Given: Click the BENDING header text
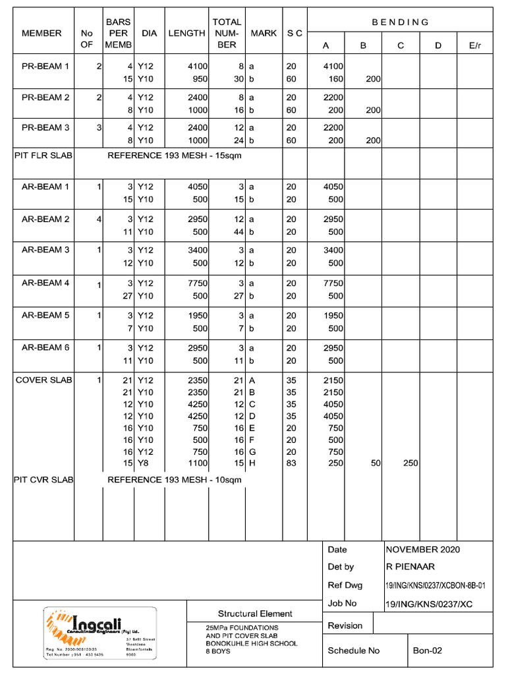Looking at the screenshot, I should click(400, 22).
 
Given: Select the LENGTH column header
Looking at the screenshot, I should click(186, 33).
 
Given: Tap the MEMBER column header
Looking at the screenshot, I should click(42, 33).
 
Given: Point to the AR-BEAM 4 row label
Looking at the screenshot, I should click(45, 283).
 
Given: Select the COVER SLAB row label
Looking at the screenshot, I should click(44, 380).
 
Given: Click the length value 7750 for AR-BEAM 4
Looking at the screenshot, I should click(197, 283).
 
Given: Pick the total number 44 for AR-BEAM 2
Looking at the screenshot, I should click(239, 231).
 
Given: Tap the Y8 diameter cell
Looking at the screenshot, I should click(142, 463).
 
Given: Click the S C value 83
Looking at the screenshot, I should click(291, 463).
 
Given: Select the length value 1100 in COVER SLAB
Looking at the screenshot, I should click(197, 463).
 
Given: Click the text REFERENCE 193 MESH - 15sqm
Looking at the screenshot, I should click(175, 156).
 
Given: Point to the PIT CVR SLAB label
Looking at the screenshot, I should click(43, 480).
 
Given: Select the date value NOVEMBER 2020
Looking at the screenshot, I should click(422, 550).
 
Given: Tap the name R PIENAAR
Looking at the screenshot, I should click(410, 567).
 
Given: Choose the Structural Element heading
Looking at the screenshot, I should click(255, 614).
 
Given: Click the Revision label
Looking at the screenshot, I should click(345, 626).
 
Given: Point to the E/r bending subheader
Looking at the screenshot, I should click(474, 45).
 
